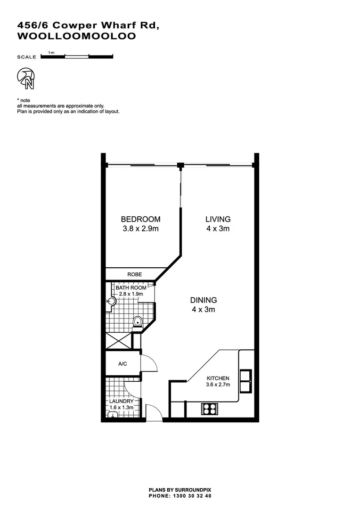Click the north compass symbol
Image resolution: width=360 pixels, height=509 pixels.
tap(25, 78)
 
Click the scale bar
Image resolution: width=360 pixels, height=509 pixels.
tap(77, 57)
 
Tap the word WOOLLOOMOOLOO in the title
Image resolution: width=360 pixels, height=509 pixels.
tap(76, 36)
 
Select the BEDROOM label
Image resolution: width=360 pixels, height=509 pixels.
tap(140, 219)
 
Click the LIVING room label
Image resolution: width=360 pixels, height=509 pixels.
tap(218, 219)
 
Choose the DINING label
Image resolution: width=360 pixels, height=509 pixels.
tap(203, 300)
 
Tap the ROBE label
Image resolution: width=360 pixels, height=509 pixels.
tap(134, 274)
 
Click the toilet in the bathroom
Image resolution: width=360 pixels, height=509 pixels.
tap(138, 322)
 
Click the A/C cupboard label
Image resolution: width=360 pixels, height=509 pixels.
tap(123, 364)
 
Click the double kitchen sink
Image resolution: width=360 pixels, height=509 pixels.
tap(245, 381)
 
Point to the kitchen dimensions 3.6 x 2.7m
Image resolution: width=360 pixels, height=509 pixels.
tap(217, 385)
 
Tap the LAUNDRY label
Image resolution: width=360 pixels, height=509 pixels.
tap(122, 401)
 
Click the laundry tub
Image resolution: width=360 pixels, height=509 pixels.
tap(113, 415)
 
